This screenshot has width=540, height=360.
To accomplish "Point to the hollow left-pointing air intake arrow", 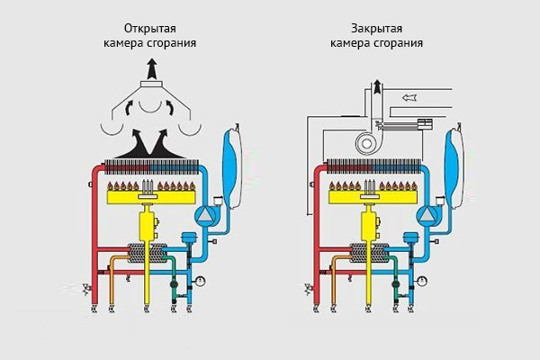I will pyautogui.click(x=412, y=95).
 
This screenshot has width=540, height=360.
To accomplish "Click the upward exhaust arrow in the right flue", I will pyautogui.click(x=376, y=90).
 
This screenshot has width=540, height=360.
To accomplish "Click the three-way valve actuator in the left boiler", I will pyautogui.click(x=189, y=238).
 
